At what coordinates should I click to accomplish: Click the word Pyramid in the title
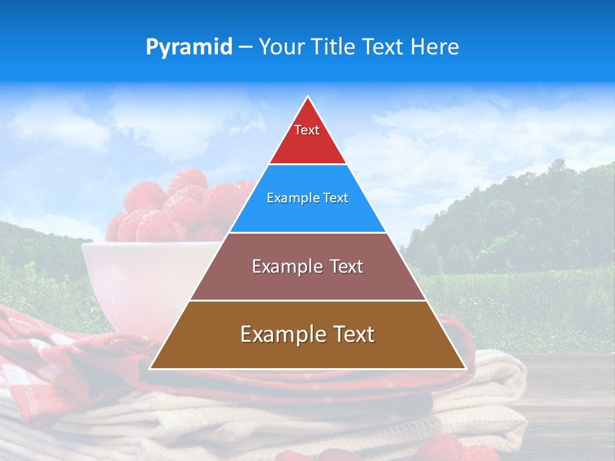[189, 47]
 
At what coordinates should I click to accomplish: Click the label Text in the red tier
[307, 130]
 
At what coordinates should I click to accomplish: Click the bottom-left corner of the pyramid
[151, 368]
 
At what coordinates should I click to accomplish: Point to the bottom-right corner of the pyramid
[464, 368]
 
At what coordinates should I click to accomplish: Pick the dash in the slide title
[245, 47]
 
